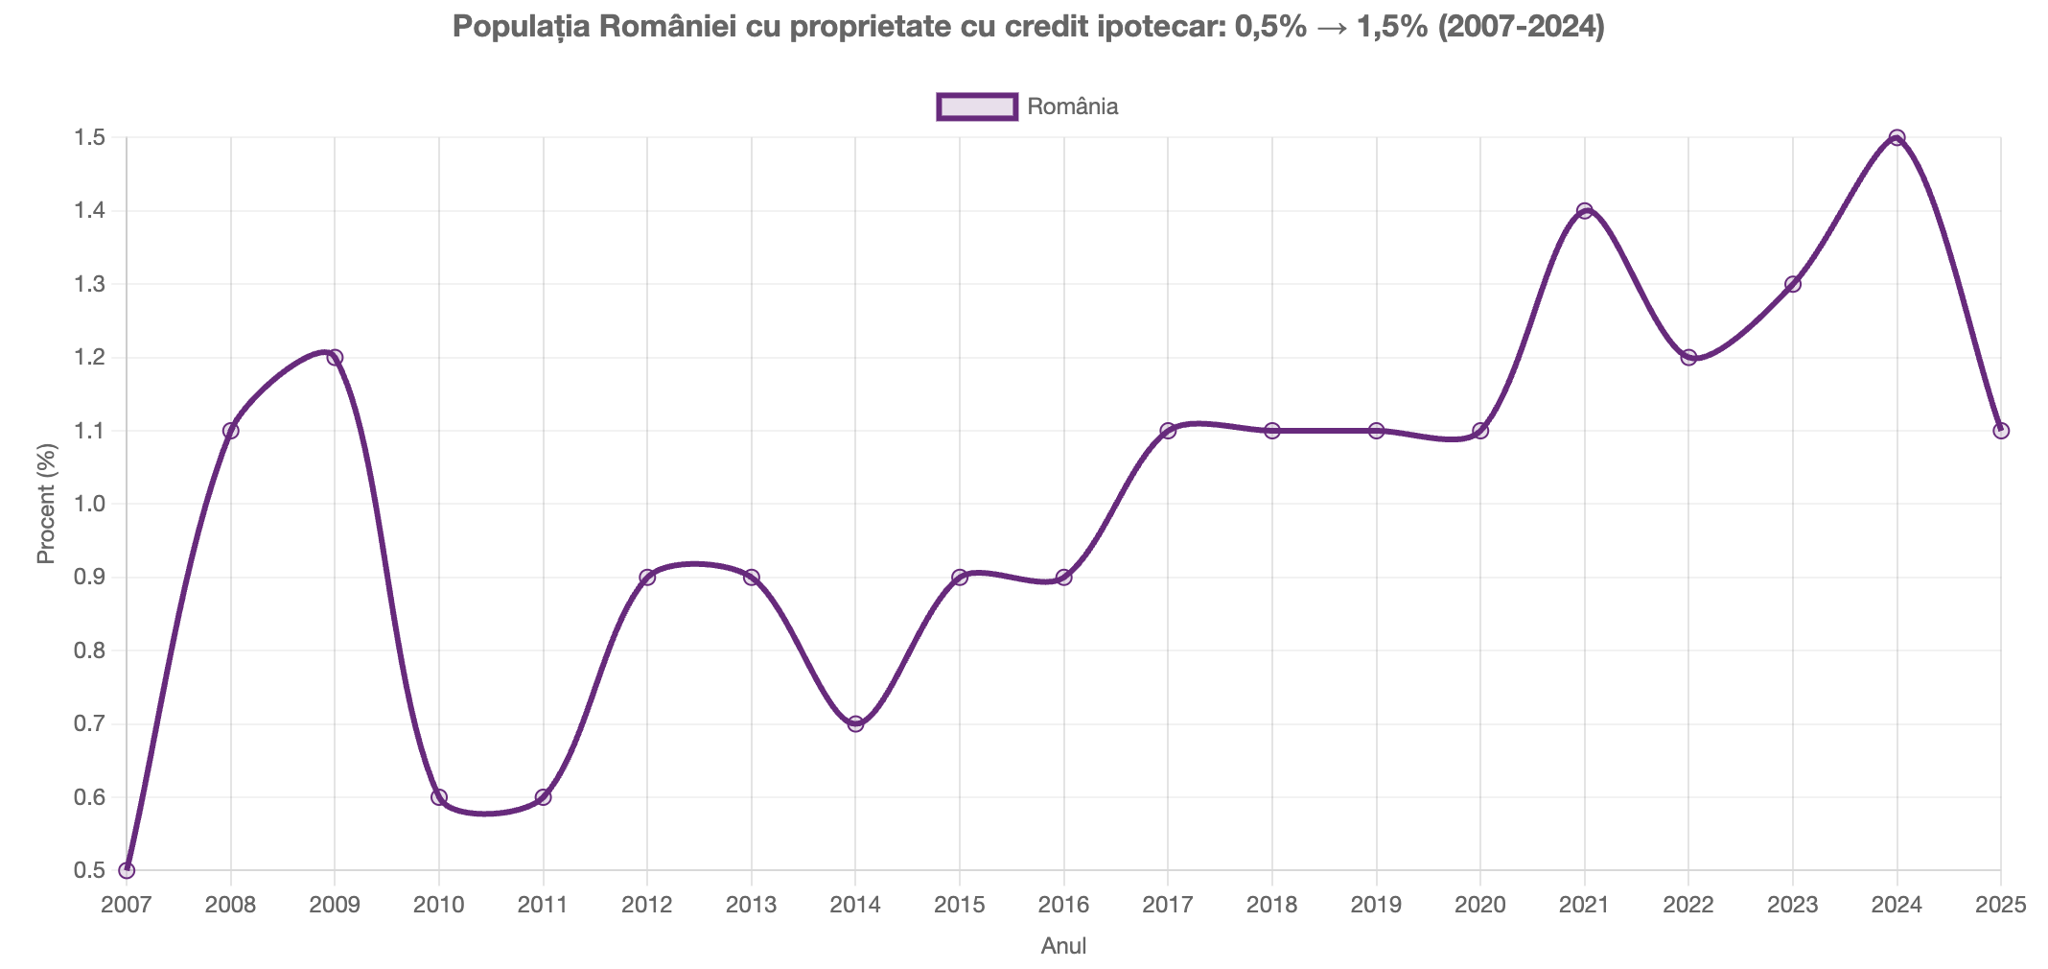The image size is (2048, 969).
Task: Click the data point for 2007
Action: tap(127, 870)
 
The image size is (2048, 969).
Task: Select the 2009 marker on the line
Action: tap(335, 358)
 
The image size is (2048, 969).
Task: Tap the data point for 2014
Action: tap(855, 723)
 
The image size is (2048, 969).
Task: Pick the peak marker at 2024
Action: tap(1897, 138)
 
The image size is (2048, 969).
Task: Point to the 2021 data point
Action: tap(1584, 211)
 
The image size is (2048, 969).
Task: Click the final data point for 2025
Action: tap(2001, 431)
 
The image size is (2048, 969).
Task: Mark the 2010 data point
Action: tap(439, 797)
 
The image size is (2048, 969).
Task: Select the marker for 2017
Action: tap(1168, 431)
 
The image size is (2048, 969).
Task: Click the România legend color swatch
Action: tap(976, 106)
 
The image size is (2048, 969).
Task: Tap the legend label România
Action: tap(1072, 106)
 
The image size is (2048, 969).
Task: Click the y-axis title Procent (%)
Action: tap(45, 504)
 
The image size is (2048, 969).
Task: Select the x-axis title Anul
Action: tap(1063, 947)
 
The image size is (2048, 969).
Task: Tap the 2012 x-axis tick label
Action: tap(647, 906)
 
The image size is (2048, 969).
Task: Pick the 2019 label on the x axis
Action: tap(1376, 906)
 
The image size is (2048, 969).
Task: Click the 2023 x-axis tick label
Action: tap(1792, 906)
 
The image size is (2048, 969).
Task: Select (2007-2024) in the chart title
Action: tap(1520, 28)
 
